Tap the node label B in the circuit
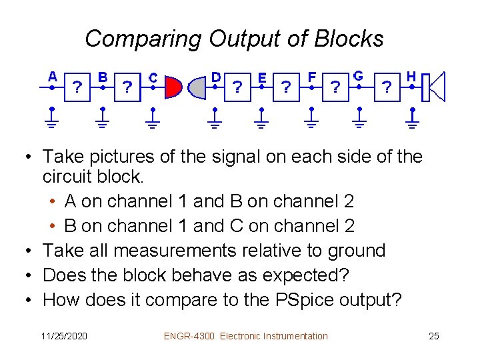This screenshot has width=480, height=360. [103, 77]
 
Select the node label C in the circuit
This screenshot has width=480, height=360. [153, 78]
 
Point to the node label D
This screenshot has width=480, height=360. [216, 77]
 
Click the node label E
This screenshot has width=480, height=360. [262, 77]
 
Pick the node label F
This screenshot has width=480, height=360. [312, 77]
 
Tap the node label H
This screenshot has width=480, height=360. [411, 77]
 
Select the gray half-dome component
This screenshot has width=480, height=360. [197, 87]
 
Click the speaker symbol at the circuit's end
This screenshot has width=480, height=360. [435, 86]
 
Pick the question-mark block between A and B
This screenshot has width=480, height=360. [78, 87]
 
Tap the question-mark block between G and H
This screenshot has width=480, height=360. [387, 87]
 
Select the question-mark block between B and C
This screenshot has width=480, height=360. [127, 87]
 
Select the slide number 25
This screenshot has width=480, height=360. [433, 336]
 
